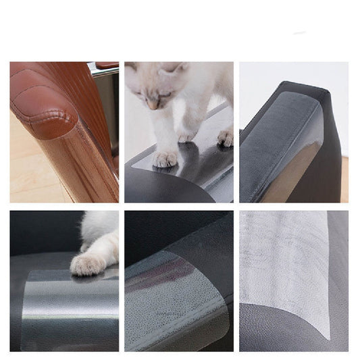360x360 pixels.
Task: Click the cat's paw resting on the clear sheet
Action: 88,263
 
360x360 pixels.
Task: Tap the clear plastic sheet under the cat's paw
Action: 74,304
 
